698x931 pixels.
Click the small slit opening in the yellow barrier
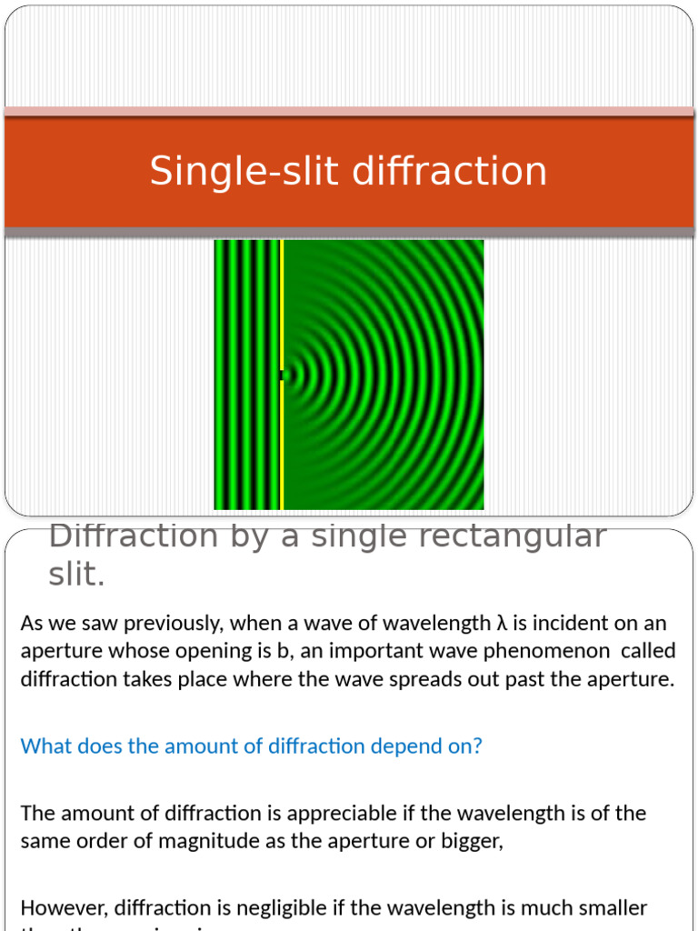point(283,375)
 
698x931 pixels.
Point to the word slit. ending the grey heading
point(76,574)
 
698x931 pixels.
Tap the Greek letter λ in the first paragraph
point(501,623)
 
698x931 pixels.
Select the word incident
point(571,623)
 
